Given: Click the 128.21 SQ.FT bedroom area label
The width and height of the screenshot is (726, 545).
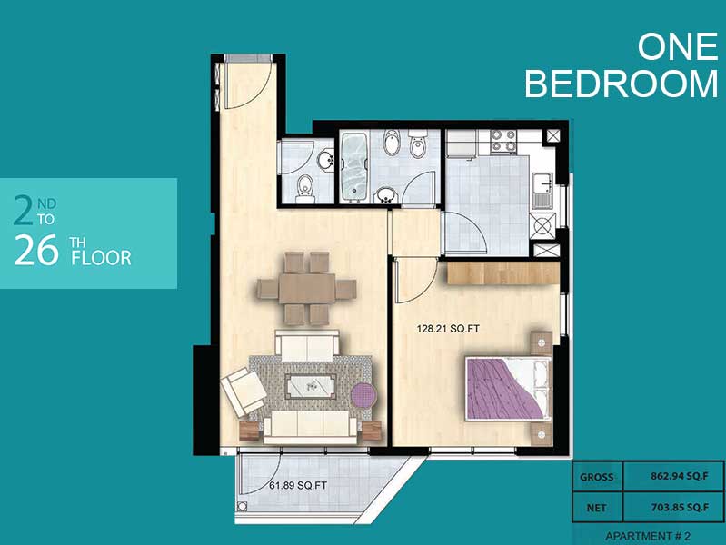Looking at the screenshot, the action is click(x=448, y=329).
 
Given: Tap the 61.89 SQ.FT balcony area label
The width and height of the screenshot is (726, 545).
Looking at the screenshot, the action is click(x=298, y=486).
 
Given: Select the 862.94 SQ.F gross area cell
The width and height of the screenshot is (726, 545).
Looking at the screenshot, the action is click(x=680, y=476).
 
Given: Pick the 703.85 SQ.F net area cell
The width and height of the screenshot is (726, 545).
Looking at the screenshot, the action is click(x=680, y=508).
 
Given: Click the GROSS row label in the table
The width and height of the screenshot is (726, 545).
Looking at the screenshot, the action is click(x=596, y=477).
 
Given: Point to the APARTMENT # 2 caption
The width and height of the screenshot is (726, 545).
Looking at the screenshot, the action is click(x=647, y=536).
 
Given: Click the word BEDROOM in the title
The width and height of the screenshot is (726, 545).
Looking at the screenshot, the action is click(x=621, y=84).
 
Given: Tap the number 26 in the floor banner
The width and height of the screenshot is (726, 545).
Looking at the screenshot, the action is click(x=36, y=250).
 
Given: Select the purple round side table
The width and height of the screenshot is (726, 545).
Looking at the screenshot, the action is click(x=365, y=397).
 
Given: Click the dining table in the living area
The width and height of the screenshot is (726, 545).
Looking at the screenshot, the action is click(x=306, y=289).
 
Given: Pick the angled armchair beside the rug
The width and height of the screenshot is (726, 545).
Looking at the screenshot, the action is click(x=244, y=391).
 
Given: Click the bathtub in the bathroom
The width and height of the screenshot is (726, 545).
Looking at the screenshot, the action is click(x=354, y=167).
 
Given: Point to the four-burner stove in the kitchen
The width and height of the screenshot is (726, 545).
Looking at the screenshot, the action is click(x=503, y=141).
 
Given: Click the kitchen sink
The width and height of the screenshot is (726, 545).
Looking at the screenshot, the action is click(x=542, y=189).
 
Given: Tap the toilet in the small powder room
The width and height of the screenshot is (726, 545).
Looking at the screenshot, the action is click(x=305, y=189).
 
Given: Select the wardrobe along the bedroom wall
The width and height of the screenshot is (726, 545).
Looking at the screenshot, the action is click(x=502, y=273).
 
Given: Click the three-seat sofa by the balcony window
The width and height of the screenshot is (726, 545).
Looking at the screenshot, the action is click(x=310, y=426).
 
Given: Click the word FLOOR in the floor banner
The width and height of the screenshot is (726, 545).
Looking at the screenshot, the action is click(x=101, y=258).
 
